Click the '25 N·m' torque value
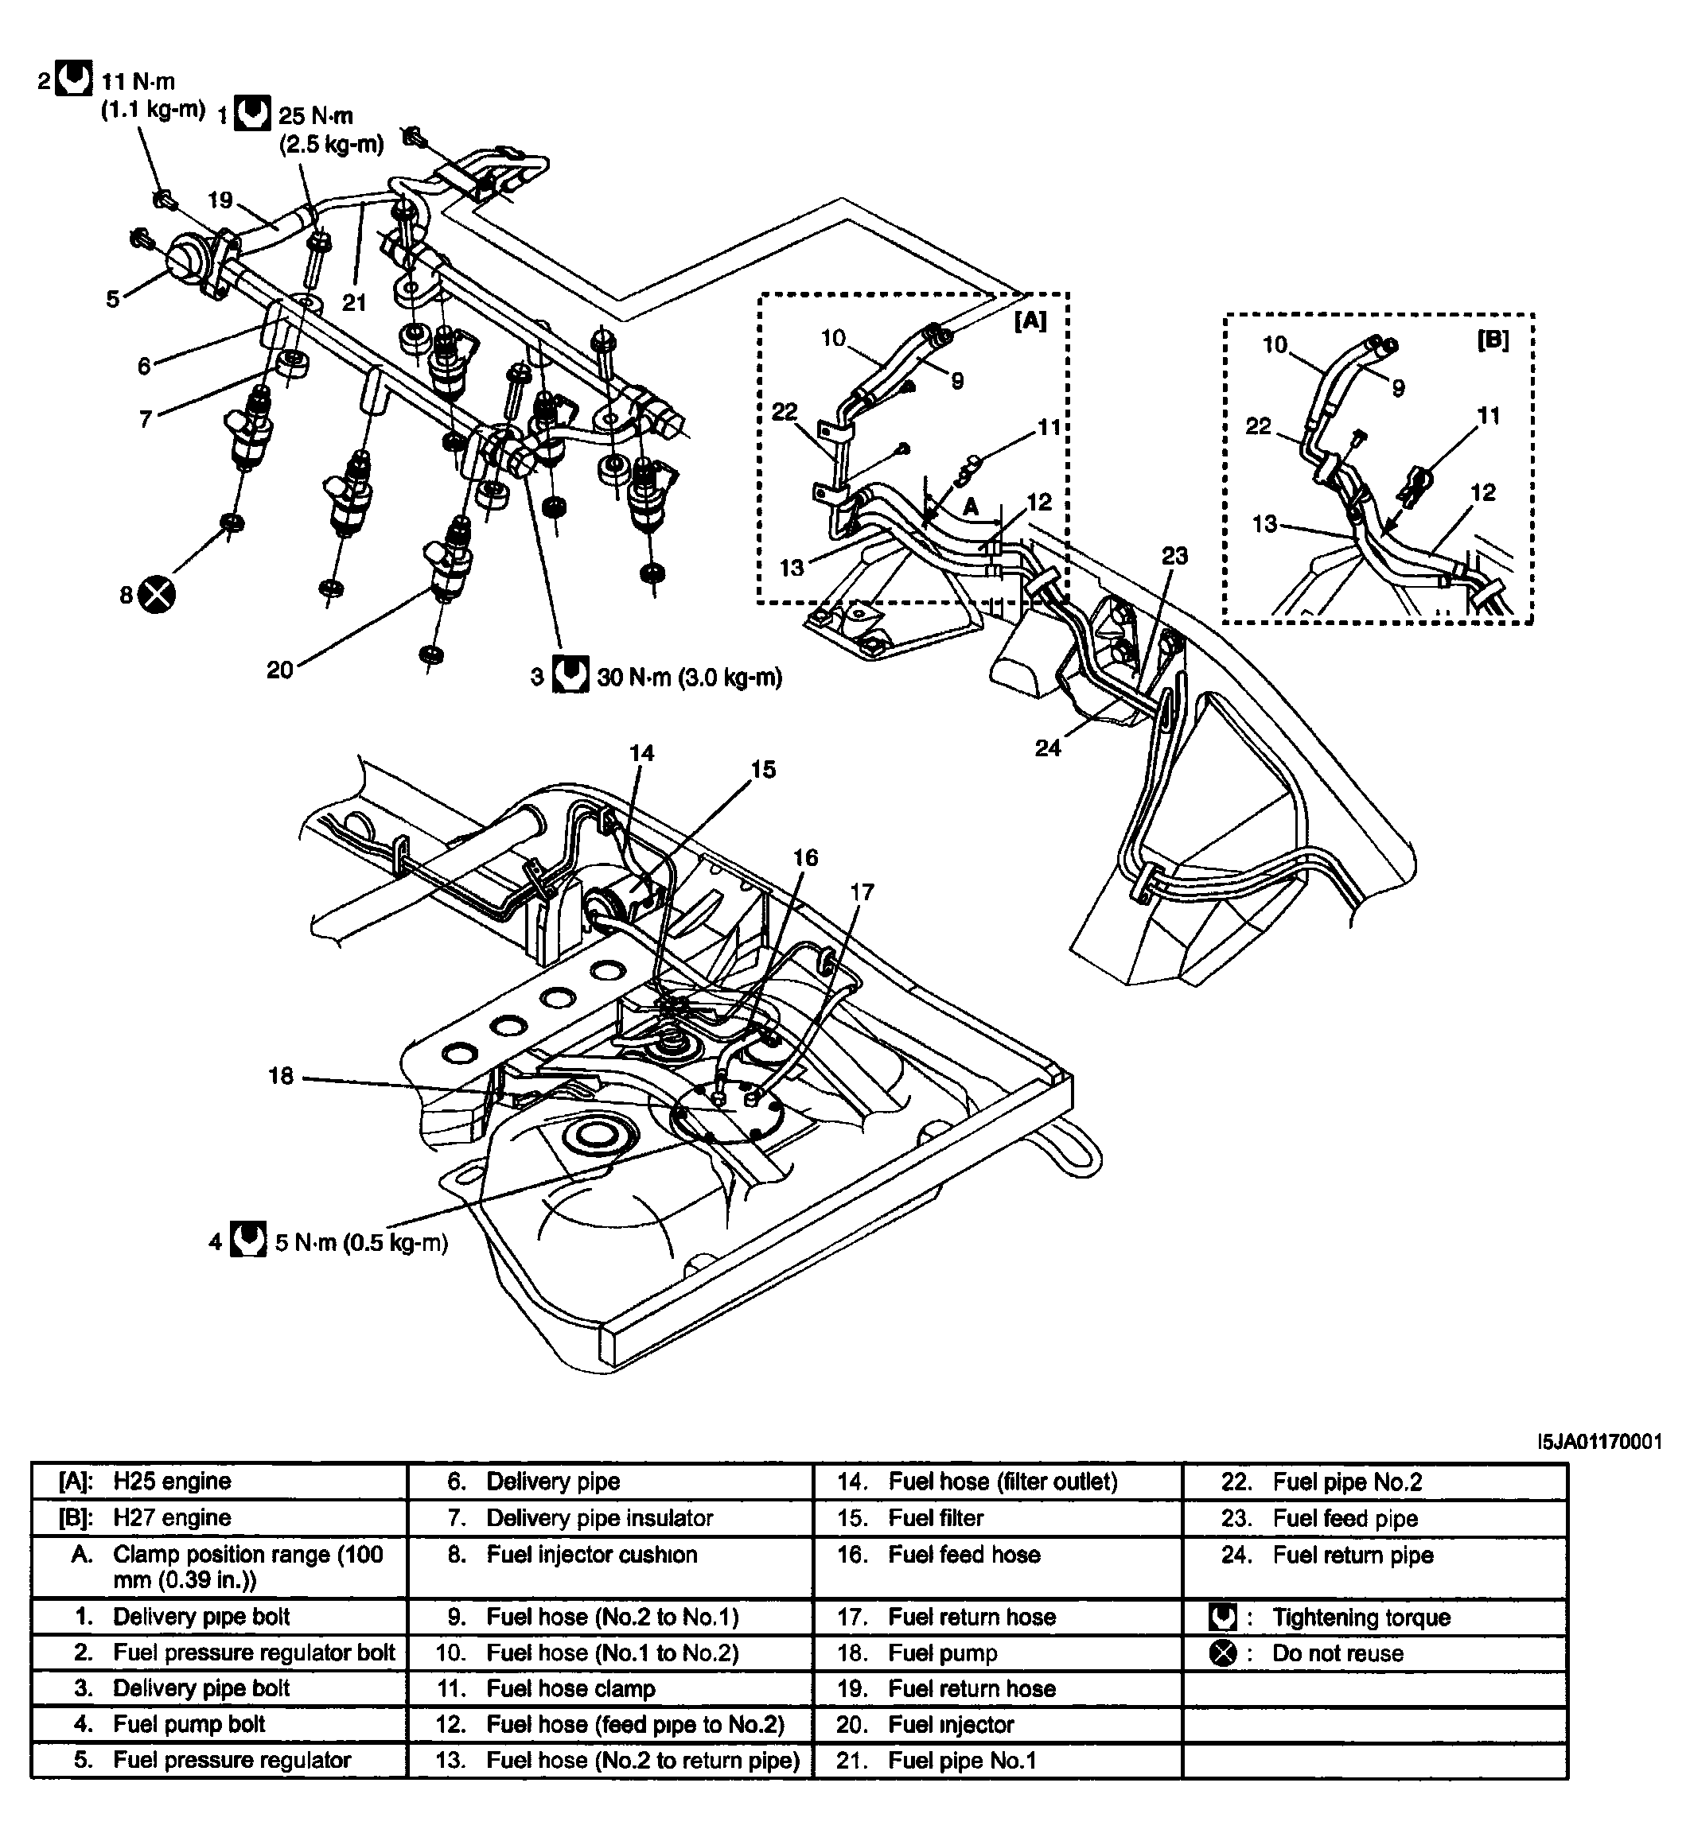(x=316, y=116)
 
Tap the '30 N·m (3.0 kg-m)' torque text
(x=690, y=678)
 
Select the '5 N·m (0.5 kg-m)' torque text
(x=361, y=1243)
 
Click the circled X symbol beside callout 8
(x=158, y=595)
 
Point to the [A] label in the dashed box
(x=1030, y=320)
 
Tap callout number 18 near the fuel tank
(x=281, y=1076)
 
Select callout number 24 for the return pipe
(x=1048, y=748)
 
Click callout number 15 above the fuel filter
(x=763, y=770)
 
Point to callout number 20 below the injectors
(x=280, y=670)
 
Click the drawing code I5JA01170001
(x=1599, y=1443)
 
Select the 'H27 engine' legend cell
(x=172, y=1518)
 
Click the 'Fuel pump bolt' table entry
(x=189, y=1724)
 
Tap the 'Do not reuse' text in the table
(x=1337, y=1653)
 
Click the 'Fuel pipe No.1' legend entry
(x=962, y=1761)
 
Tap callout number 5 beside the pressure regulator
(x=112, y=299)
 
